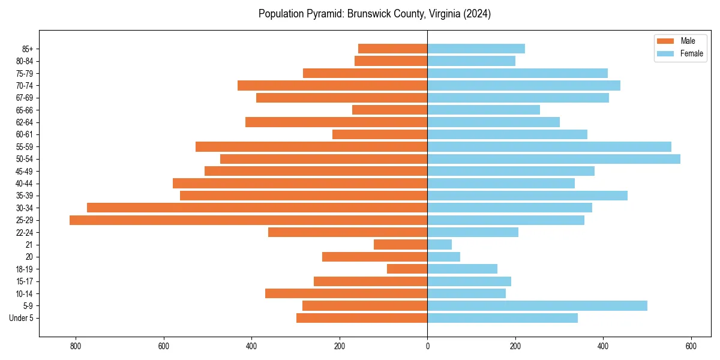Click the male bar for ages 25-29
pyautogui.click(x=248, y=220)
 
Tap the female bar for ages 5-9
pyautogui.click(x=537, y=306)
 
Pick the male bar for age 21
pyautogui.click(x=400, y=245)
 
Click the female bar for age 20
pyautogui.click(x=443, y=257)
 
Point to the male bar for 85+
pyautogui.click(x=392, y=49)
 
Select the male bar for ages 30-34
pyautogui.click(x=257, y=208)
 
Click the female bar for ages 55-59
pyautogui.click(x=549, y=146)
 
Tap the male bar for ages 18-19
pyautogui.click(x=407, y=269)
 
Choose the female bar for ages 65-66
pyautogui.click(x=484, y=110)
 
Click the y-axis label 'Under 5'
pyautogui.click(x=21, y=318)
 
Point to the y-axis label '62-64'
pyautogui.click(x=25, y=122)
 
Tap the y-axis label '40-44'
pyautogui.click(x=25, y=184)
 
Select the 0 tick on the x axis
pyautogui.click(x=427, y=346)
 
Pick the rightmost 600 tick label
pyautogui.click(x=691, y=346)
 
